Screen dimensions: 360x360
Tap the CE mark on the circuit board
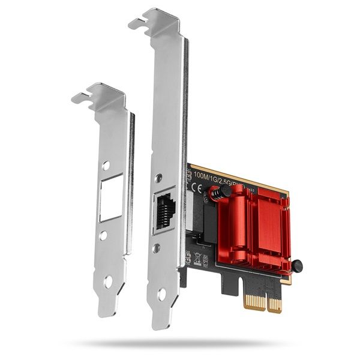point(196,187)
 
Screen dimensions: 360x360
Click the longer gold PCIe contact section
point(275,304)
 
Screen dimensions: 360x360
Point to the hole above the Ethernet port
point(158,178)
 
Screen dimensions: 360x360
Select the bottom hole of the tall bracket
point(161,294)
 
